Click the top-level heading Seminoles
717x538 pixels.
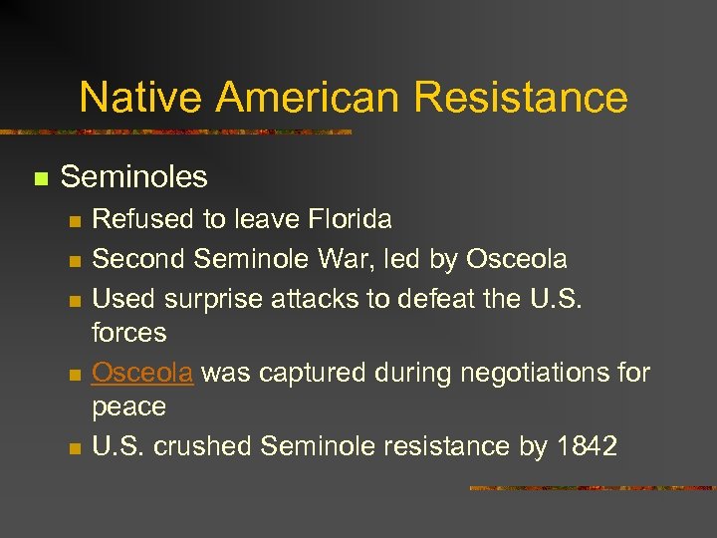click(133, 177)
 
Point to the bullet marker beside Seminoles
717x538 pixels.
click(41, 179)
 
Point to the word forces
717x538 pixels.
click(128, 332)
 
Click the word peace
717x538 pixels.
click(128, 406)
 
